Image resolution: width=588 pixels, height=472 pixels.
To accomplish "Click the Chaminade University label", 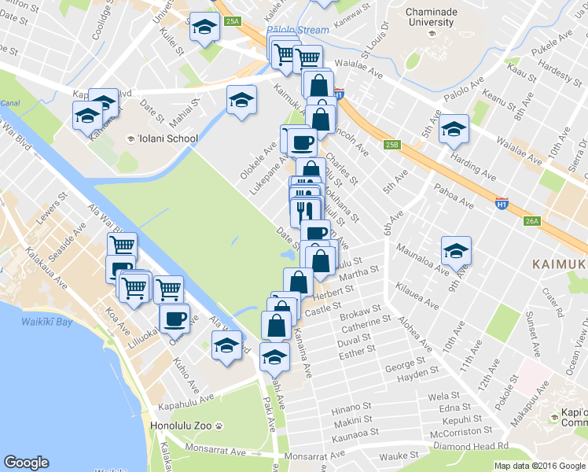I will click(x=437, y=18).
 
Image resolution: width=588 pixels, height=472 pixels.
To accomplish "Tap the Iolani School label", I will click(x=167, y=138).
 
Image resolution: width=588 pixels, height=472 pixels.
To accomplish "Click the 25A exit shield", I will click(x=232, y=22).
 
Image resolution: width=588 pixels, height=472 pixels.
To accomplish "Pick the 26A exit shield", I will click(x=532, y=221).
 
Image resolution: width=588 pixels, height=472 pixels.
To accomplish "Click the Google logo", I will click(x=26, y=463).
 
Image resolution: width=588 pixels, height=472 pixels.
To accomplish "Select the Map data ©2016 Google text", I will click(x=540, y=466).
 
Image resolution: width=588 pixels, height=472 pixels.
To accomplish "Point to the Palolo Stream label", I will click(x=297, y=31).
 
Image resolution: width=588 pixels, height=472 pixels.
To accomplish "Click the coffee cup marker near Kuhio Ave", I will click(x=175, y=319).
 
